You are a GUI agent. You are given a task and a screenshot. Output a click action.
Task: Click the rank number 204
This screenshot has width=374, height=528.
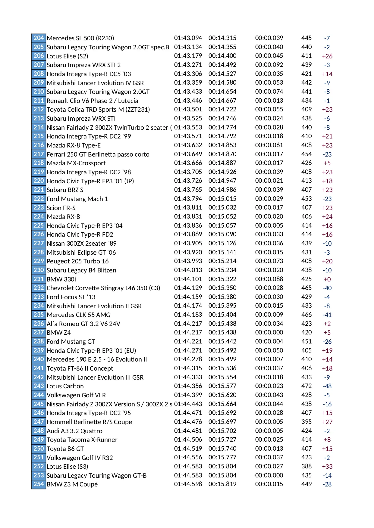tap(39, 38)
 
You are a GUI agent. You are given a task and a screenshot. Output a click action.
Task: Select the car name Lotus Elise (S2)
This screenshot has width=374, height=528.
tap(67, 56)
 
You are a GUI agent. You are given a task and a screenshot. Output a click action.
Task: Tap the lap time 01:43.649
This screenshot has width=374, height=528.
tap(188, 154)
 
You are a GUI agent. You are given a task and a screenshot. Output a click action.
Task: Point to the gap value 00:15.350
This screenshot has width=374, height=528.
tap(222, 288)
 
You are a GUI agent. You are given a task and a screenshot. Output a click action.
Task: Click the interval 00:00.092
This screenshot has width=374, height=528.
tap(269, 65)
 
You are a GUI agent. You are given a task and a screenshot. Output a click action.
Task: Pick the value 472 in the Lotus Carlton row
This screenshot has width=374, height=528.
tap(306, 386)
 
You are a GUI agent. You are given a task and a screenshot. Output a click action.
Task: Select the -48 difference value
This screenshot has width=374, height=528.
tap(327, 386)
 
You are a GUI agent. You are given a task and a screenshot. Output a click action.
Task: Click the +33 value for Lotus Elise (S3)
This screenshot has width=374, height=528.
tap(327, 467)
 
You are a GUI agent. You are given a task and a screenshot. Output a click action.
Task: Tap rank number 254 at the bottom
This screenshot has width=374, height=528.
tap(39, 484)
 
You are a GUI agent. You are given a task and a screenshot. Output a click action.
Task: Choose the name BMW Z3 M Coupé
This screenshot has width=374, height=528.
tap(72, 484)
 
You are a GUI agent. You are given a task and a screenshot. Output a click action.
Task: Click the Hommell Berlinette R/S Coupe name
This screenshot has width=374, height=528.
tap(89, 422)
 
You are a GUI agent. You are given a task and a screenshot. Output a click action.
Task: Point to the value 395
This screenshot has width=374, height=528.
tap(306, 422)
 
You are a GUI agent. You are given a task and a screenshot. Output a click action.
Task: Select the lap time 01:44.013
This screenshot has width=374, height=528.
tap(188, 270)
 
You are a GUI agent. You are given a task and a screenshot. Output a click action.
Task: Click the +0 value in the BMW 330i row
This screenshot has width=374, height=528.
tap(327, 279)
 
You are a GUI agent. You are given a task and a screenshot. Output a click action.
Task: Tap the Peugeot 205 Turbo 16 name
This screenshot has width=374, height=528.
tap(77, 261)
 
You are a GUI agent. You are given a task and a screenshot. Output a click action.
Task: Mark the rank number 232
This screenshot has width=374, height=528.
tap(39, 288)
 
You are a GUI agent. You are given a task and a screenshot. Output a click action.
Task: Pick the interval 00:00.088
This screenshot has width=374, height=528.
tap(269, 279)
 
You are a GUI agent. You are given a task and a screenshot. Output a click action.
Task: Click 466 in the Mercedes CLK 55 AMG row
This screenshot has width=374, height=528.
tap(306, 315)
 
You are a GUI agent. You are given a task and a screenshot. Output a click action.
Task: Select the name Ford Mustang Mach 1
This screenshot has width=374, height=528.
tap(77, 199)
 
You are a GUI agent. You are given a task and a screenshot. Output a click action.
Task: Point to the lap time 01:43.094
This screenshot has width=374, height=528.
tap(188, 38)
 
